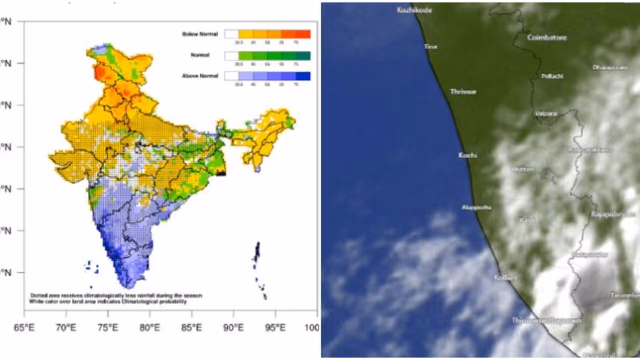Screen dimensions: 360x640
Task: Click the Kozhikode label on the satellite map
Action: click(x=414, y=10)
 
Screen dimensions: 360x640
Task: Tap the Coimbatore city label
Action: click(x=547, y=38)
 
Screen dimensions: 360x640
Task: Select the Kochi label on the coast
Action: click(x=468, y=155)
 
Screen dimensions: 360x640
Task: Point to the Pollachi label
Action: click(x=552, y=76)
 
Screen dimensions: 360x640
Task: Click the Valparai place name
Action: click(x=546, y=114)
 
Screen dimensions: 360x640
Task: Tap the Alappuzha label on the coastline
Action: click(x=476, y=207)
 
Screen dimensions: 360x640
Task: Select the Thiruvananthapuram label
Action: click(x=546, y=321)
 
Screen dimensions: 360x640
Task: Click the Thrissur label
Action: click(x=463, y=92)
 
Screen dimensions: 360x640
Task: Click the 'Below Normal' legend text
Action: click(x=200, y=34)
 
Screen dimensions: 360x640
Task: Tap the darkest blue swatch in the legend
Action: click(x=303, y=76)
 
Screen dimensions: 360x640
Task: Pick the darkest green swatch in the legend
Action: click(x=303, y=55)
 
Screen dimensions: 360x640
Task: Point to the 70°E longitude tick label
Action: click(x=66, y=328)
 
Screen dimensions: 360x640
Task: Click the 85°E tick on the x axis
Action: click(x=192, y=328)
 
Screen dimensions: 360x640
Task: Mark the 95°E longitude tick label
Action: click(x=275, y=328)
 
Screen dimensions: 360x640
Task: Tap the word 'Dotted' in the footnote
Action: click(x=38, y=296)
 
